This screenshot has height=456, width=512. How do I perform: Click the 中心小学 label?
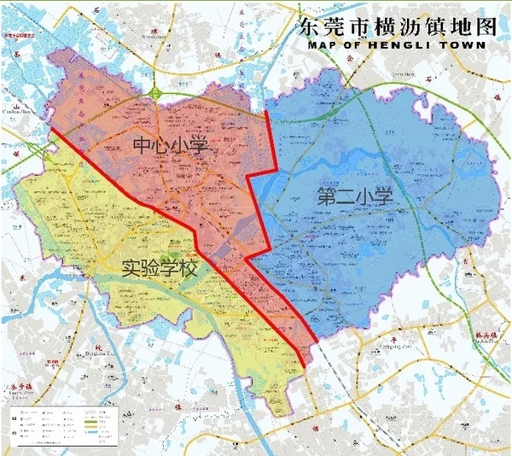pos(172,146)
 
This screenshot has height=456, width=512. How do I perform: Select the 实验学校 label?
pos(158,272)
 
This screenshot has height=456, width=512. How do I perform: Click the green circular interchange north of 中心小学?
pos(154,91)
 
